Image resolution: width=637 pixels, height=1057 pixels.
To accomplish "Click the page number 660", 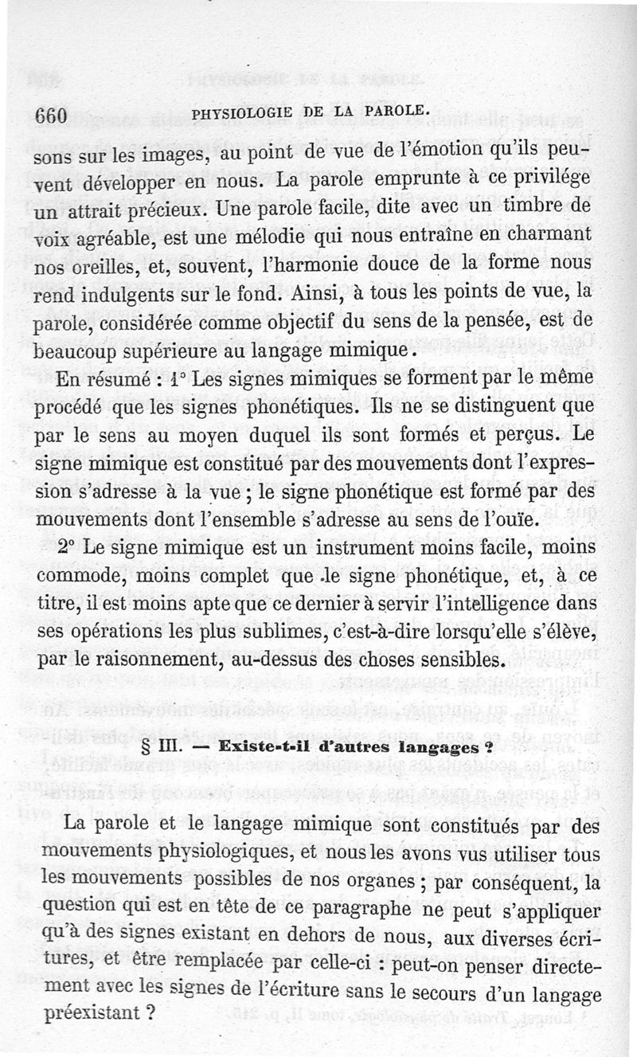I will tap(49, 115).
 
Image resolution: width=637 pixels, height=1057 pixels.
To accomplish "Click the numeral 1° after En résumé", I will tap(189, 379).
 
